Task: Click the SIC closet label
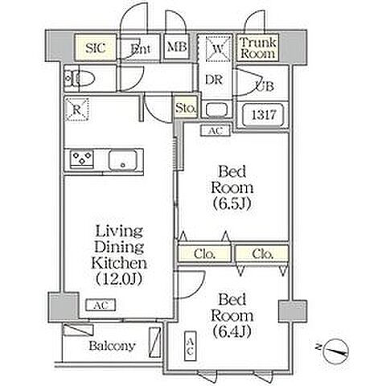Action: (96, 48)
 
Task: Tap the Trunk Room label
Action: (258, 47)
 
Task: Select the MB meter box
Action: (176, 47)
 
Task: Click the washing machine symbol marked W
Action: (219, 48)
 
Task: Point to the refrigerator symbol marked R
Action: (77, 109)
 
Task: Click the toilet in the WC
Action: (80, 79)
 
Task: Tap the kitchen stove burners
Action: (82, 159)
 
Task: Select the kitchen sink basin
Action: (123, 160)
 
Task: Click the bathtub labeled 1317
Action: (263, 115)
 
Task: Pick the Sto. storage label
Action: (186, 109)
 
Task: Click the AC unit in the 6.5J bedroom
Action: (216, 131)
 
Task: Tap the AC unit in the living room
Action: (101, 305)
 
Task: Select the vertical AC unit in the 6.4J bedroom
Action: (191, 346)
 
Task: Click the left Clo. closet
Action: (205, 253)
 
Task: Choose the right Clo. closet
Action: (262, 253)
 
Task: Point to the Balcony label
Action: (112, 346)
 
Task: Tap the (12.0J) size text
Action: (119, 279)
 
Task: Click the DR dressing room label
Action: (214, 80)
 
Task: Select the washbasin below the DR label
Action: (216, 110)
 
